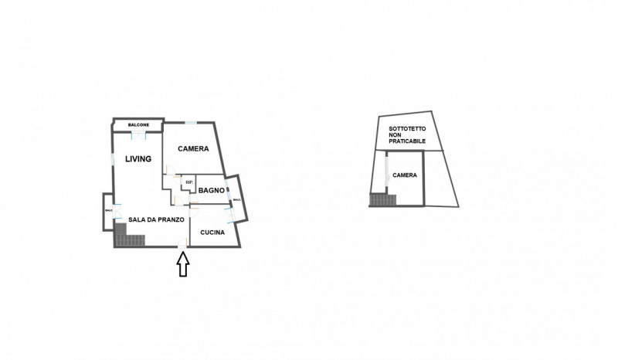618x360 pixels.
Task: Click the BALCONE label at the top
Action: pyautogui.click(x=139, y=124)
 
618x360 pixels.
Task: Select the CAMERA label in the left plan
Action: pyautogui.click(x=193, y=148)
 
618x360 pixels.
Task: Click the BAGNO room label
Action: pyautogui.click(x=211, y=190)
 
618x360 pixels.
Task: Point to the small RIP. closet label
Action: pyautogui.click(x=188, y=182)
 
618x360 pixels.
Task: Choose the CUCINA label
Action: pyautogui.click(x=212, y=233)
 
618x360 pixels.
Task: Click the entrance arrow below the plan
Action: pyautogui.click(x=183, y=264)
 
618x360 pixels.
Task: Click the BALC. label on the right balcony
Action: pyautogui.click(x=236, y=200)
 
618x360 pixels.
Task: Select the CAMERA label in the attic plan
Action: pyautogui.click(x=405, y=175)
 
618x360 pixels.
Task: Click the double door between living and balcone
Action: pyautogui.click(x=139, y=135)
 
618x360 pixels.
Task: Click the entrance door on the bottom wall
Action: pyautogui.click(x=182, y=246)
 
